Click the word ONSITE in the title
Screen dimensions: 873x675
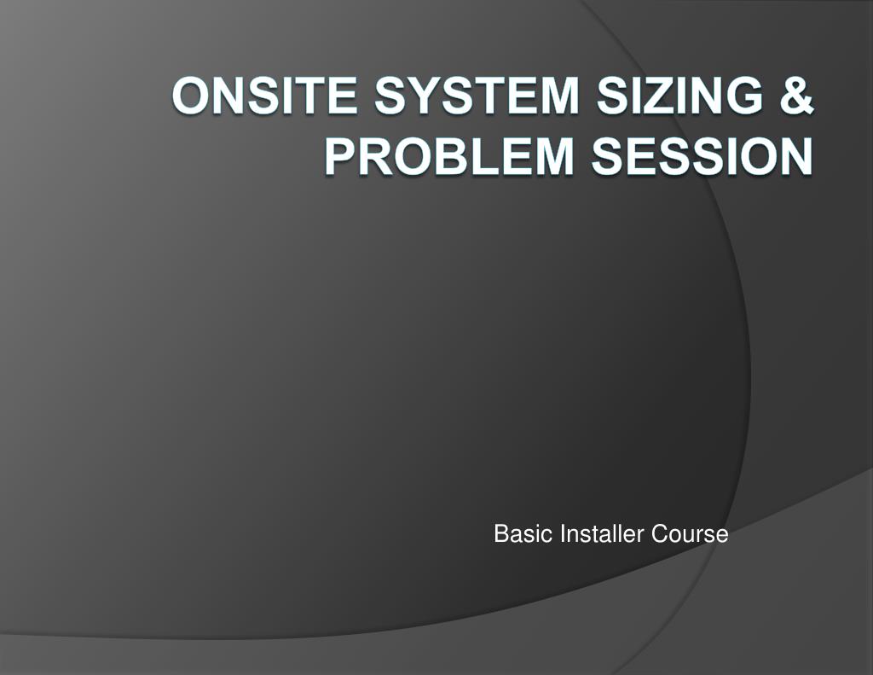pyautogui.click(x=264, y=96)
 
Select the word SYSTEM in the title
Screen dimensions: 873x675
pyautogui.click(x=477, y=96)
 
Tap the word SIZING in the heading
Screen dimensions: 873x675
pyautogui.click(x=679, y=96)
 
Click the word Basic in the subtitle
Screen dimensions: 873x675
pyautogui.click(x=523, y=534)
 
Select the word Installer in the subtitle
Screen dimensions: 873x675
pyautogui.click(x=602, y=534)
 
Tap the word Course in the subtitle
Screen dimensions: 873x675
pyautogui.click(x=690, y=534)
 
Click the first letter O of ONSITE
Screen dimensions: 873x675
pyautogui.click(x=192, y=96)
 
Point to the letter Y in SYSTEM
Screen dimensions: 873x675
pyautogui.click(x=430, y=96)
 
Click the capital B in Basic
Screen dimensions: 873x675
pyautogui.click(x=500, y=534)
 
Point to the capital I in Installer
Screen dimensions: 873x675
pyautogui.click(x=563, y=534)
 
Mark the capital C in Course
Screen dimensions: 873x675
pyautogui.click(x=660, y=534)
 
